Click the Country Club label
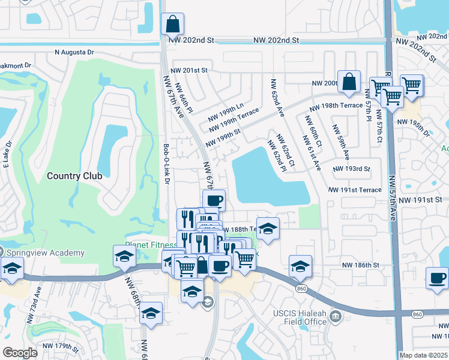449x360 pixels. click(74, 176)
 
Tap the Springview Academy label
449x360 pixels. click(45, 253)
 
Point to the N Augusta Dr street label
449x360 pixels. click(74, 52)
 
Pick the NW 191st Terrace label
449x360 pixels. click(355, 190)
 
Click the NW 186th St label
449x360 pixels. click(361, 265)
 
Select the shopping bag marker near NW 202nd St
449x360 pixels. click(172, 25)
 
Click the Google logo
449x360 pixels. click(19, 352)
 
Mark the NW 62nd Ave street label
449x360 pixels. click(277, 98)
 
